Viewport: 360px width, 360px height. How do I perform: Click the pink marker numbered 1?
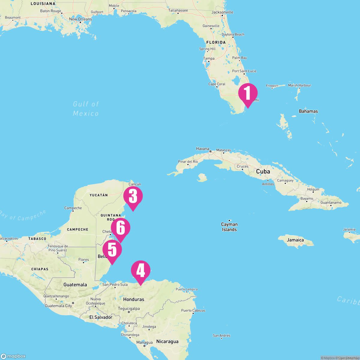(248, 94)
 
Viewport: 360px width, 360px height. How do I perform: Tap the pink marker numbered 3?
(133, 197)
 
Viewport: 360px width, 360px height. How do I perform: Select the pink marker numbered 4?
(141, 271)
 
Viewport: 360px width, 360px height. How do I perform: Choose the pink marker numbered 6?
(121, 228)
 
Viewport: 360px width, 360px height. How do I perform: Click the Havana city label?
(202, 148)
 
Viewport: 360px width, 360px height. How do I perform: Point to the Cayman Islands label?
(229, 227)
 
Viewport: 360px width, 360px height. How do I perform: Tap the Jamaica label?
(295, 240)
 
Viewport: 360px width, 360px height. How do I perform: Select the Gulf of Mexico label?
(86, 109)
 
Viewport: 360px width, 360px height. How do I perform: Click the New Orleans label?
(80, 19)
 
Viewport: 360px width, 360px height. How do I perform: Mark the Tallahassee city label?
(178, 10)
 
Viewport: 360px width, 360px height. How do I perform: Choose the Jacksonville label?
(222, 12)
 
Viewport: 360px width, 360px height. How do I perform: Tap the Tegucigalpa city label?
(129, 308)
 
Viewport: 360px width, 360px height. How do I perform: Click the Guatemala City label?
(58, 306)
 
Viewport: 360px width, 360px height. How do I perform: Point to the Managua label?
(144, 342)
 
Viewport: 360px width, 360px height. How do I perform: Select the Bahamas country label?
(308, 111)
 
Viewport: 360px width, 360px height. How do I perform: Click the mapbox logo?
(13, 356)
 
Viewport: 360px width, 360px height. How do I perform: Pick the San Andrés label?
(222, 335)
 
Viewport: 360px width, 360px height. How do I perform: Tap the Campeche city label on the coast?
(73, 208)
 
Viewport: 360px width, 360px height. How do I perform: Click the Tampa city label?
(209, 58)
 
